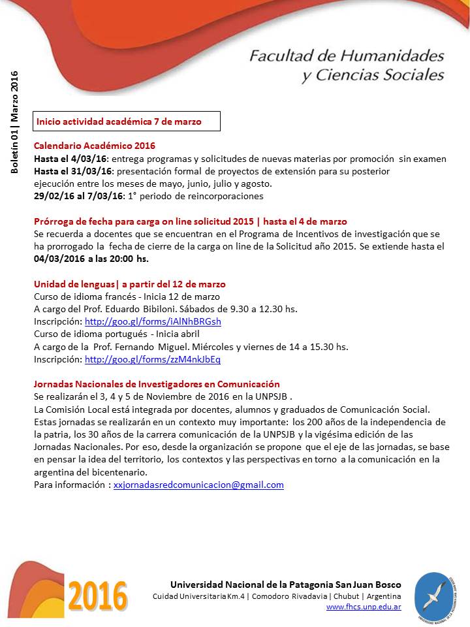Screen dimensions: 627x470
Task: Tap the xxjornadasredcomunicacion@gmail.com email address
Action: point(198,485)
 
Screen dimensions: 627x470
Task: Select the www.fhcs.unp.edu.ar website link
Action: point(364,607)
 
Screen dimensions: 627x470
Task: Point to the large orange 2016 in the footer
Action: point(97,596)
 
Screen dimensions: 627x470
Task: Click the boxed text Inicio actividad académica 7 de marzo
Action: point(119,121)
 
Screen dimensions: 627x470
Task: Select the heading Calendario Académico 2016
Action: point(95,146)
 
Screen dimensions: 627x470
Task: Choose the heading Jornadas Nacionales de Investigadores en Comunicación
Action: point(157,384)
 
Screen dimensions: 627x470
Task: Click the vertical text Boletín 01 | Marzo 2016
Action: point(14,122)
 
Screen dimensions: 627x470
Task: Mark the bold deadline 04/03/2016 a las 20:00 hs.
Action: point(91,259)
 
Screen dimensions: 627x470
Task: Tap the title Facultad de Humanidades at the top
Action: point(346,55)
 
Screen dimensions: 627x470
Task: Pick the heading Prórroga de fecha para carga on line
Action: point(137,221)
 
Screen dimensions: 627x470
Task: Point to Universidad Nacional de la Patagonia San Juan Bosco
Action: point(285,585)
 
